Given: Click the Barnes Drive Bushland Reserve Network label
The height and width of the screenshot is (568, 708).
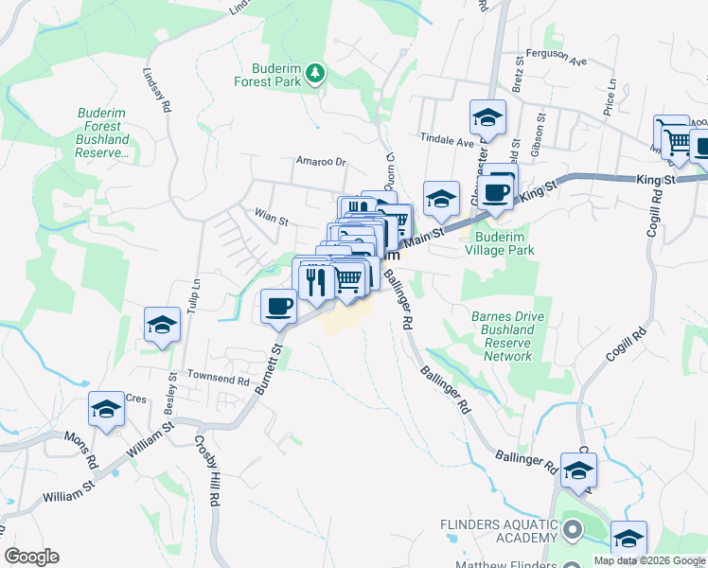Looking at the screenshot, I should tap(507, 336).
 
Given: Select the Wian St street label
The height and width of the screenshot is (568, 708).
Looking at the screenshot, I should tap(270, 217).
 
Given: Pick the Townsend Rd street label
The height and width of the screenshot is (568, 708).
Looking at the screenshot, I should tap(217, 381).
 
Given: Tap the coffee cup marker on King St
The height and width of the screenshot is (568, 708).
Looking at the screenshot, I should tap(495, 191).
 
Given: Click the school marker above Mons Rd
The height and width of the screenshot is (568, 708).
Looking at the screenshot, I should tap(106, 410).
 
